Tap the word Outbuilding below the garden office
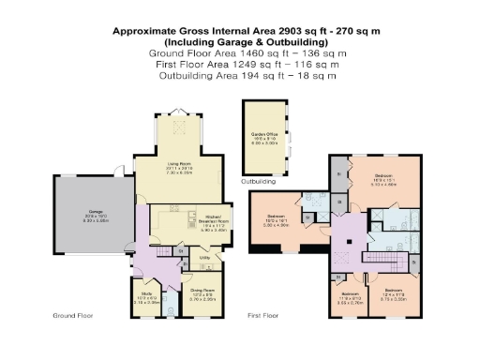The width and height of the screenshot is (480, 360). [258, 180]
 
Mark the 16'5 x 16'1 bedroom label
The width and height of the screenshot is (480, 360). [287, 221]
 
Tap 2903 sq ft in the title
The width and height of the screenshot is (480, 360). [277, 31]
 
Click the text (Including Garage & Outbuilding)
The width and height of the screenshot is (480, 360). [246, 42]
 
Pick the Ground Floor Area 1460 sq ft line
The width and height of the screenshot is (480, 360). [246, 53]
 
